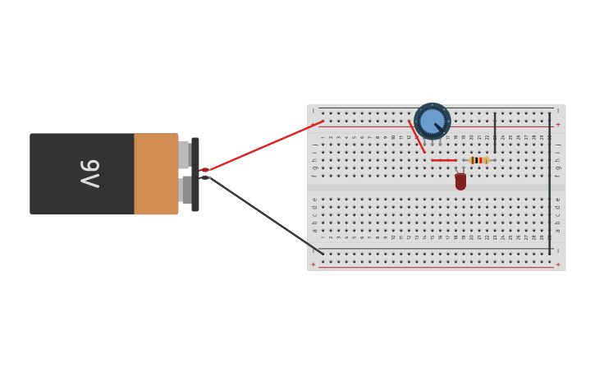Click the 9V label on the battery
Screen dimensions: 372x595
pos(90,173)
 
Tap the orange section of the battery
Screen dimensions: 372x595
pos(156,174)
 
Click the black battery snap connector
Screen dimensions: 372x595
pos(195,174)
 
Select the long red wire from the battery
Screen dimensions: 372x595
pos(263,145)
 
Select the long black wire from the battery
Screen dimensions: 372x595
pos(263,211)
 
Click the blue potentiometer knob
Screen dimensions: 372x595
pos(432,121)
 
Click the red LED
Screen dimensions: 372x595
pos(460,181)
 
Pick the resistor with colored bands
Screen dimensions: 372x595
pos(478,160)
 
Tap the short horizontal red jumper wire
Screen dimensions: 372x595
pos(444,160)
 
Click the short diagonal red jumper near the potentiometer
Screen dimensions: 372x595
pos(417,136)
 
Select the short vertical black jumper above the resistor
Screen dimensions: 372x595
pos(495,133)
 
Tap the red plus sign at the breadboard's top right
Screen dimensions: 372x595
pos(558,125)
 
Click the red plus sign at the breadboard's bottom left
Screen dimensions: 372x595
pos(313,264)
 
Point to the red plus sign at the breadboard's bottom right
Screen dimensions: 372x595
pos(558,264)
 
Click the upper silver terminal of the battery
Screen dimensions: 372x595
pos(184,154)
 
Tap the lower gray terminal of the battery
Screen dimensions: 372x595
pos(186,191)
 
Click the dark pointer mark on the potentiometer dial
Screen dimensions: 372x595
pos(438,126)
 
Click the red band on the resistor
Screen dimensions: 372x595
pos(480,160)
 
